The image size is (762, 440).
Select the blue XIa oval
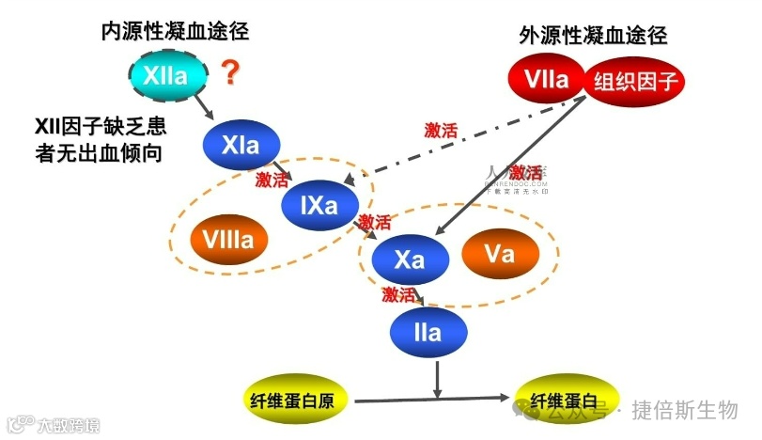point(241,146)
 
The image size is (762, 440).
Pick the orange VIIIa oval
point(227,240)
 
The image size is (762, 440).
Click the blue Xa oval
point(409,259)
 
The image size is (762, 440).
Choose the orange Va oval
point(500,254)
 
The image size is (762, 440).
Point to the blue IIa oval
point(428,332)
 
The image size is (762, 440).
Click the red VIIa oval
point(547,80)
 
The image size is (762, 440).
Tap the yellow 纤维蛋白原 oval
point(301,400)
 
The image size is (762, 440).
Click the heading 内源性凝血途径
point(176,31)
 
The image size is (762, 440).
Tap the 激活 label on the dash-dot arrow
point(441,131)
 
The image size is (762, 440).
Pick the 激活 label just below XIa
point(274,179)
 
